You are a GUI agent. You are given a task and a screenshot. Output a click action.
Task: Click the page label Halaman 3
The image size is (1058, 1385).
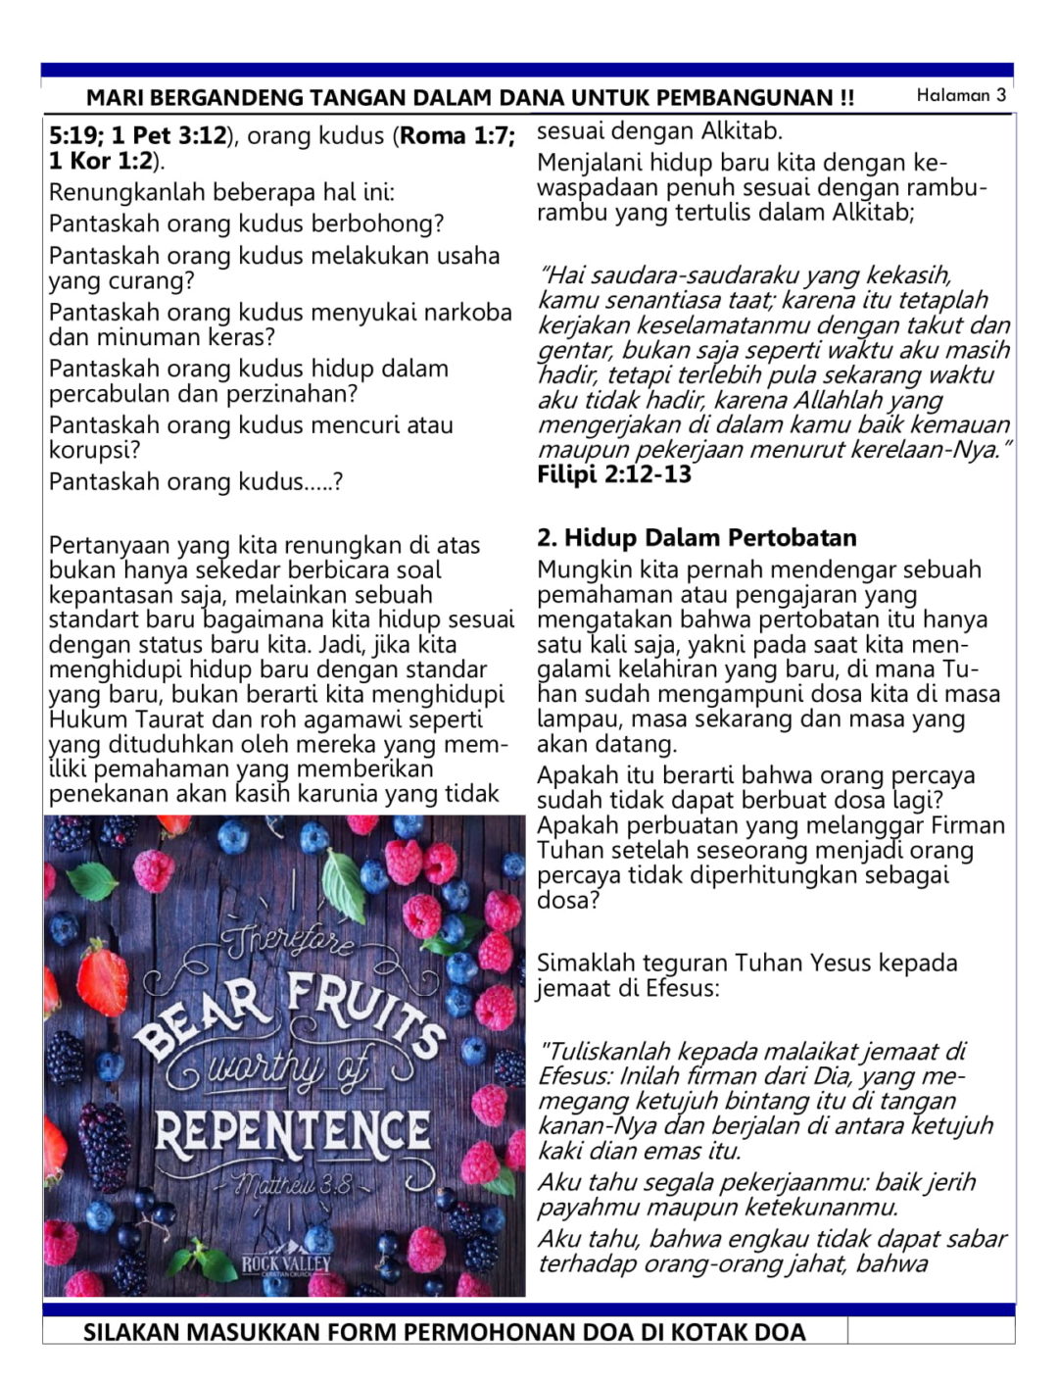(961, 95)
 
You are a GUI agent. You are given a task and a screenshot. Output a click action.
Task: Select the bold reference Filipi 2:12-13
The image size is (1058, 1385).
(614, 474)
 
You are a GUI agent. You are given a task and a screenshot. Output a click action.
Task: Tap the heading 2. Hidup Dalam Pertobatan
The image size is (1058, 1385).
(697, 537)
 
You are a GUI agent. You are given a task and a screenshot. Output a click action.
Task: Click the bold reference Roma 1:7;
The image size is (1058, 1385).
(457, 135)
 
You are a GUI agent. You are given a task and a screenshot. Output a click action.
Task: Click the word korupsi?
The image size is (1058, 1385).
(95, 450)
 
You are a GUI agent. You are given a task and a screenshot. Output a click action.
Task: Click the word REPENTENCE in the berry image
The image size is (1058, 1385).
(292, 1132)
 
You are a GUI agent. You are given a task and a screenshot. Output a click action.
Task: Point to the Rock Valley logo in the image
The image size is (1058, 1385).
(286, 1264)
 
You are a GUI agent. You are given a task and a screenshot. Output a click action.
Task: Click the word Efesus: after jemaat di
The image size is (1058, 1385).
(682, 987)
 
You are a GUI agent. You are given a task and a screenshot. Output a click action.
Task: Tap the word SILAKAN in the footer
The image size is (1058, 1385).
(131, 1332)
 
